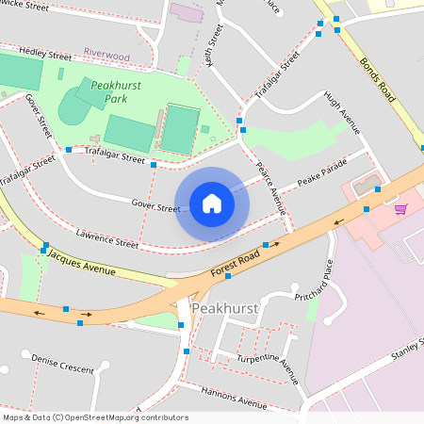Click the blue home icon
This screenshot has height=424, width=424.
coord(212,204)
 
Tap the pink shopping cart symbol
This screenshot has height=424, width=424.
coord(400,208)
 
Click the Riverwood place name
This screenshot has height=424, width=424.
coord(106,57)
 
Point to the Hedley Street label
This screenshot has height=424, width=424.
coord(46,54)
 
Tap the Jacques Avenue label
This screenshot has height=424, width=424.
coord(81,263)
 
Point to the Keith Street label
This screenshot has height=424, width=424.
coord(216,43)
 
